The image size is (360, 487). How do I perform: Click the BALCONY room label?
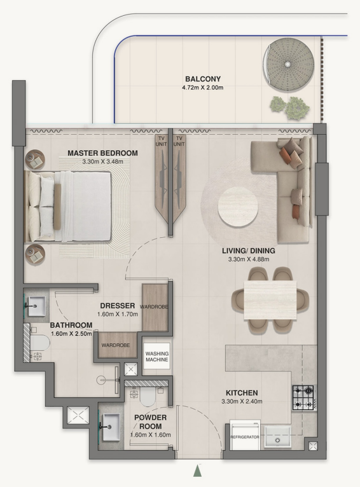point(202,79)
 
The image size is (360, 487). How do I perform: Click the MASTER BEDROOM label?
point(102,153)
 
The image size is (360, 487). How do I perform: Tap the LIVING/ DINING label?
point(248,250)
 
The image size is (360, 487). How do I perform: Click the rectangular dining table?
point(270,299)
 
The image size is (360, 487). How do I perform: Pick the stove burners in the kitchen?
point(302,397)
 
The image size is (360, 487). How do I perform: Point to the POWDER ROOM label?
point(150,422)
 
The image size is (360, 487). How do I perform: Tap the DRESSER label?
point(117,306)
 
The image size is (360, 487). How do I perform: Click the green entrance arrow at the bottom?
point(198,470)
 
